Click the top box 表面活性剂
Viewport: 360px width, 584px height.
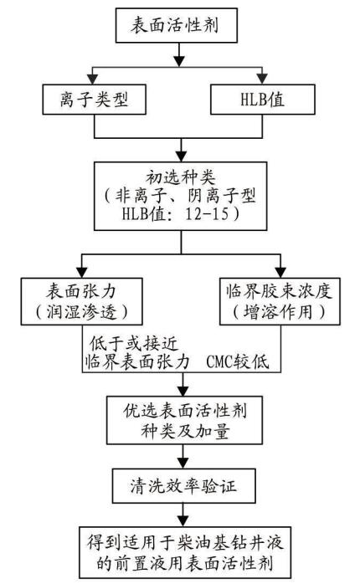tap(177, 25)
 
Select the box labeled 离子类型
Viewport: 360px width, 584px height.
tap(94, 99)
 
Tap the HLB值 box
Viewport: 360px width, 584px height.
tap(263, 99)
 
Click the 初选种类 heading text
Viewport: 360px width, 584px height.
tap(180, 177)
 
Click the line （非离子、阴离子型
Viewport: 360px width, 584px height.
tap(180, 195)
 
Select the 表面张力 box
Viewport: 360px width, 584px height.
tap(81, 301)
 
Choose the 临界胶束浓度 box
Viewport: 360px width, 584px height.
tap(280, 301)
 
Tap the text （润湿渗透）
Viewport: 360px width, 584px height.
tap(81, 311)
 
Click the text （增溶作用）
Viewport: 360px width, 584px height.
tap(280, 311)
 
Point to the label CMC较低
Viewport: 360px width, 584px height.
tap(238, 361)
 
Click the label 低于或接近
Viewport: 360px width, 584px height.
tap(134, 343)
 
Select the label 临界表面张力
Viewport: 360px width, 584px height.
tap(137, 361)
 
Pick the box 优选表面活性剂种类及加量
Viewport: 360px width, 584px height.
tap(184, 420)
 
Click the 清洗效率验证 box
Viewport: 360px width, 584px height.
tap(184, 486)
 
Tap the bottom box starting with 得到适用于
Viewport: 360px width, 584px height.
tap(185, 552)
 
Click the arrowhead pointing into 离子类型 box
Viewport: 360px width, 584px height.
tap(92, 79)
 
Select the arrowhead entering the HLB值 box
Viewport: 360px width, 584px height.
tap(262, 79)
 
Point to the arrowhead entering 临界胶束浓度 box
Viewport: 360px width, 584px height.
tap(280, 272)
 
